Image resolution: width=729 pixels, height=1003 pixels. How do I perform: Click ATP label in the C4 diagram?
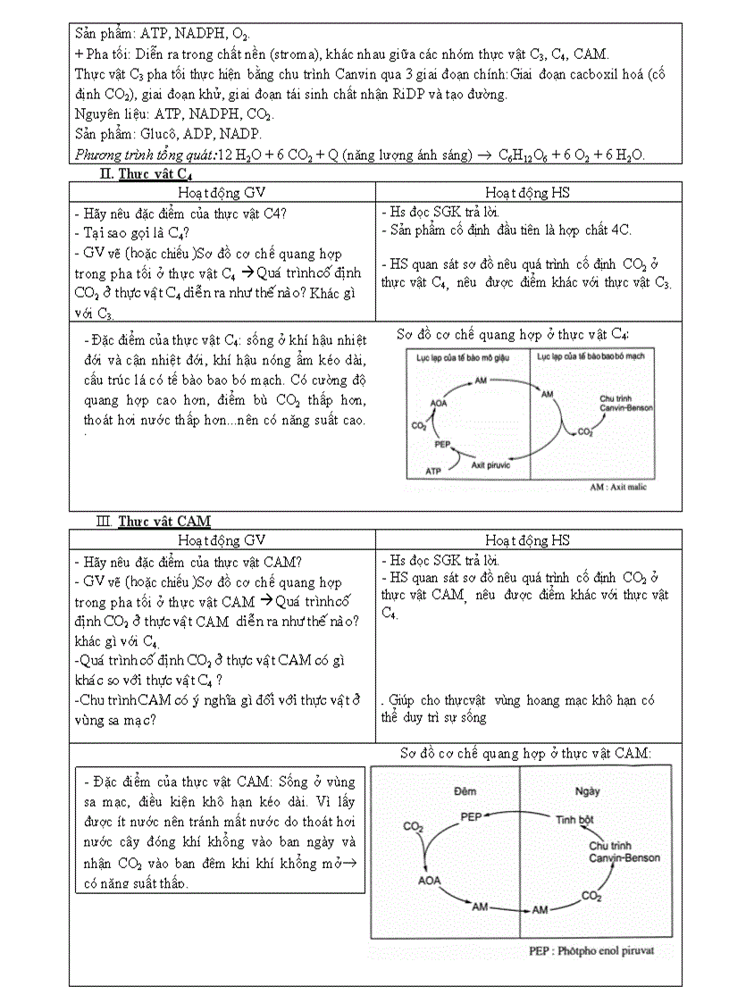(433, 470)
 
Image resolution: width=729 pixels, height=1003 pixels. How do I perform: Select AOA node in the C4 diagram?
(438, 404)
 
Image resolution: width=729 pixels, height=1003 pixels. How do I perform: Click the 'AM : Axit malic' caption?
(618, 487)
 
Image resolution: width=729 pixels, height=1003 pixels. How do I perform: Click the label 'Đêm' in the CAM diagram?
(465, 791)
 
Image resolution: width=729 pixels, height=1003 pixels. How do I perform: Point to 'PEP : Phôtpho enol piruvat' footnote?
(591, 950)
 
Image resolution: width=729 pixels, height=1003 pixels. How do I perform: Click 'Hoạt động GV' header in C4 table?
(222, 192)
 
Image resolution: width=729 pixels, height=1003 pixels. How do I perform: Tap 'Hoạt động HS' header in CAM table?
(527, 539)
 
